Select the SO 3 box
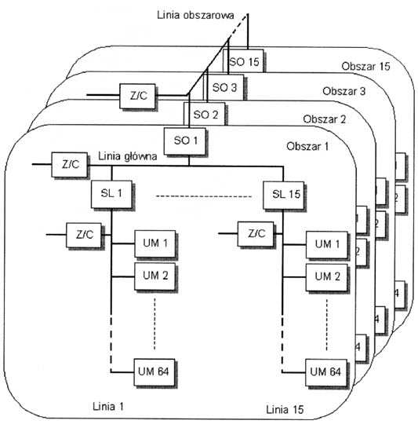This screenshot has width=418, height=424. (224, 88)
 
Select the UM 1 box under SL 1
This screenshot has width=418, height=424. (154, 243)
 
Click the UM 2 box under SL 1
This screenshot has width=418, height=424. (154, 276)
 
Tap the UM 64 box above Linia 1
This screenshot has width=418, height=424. (154, 371)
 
